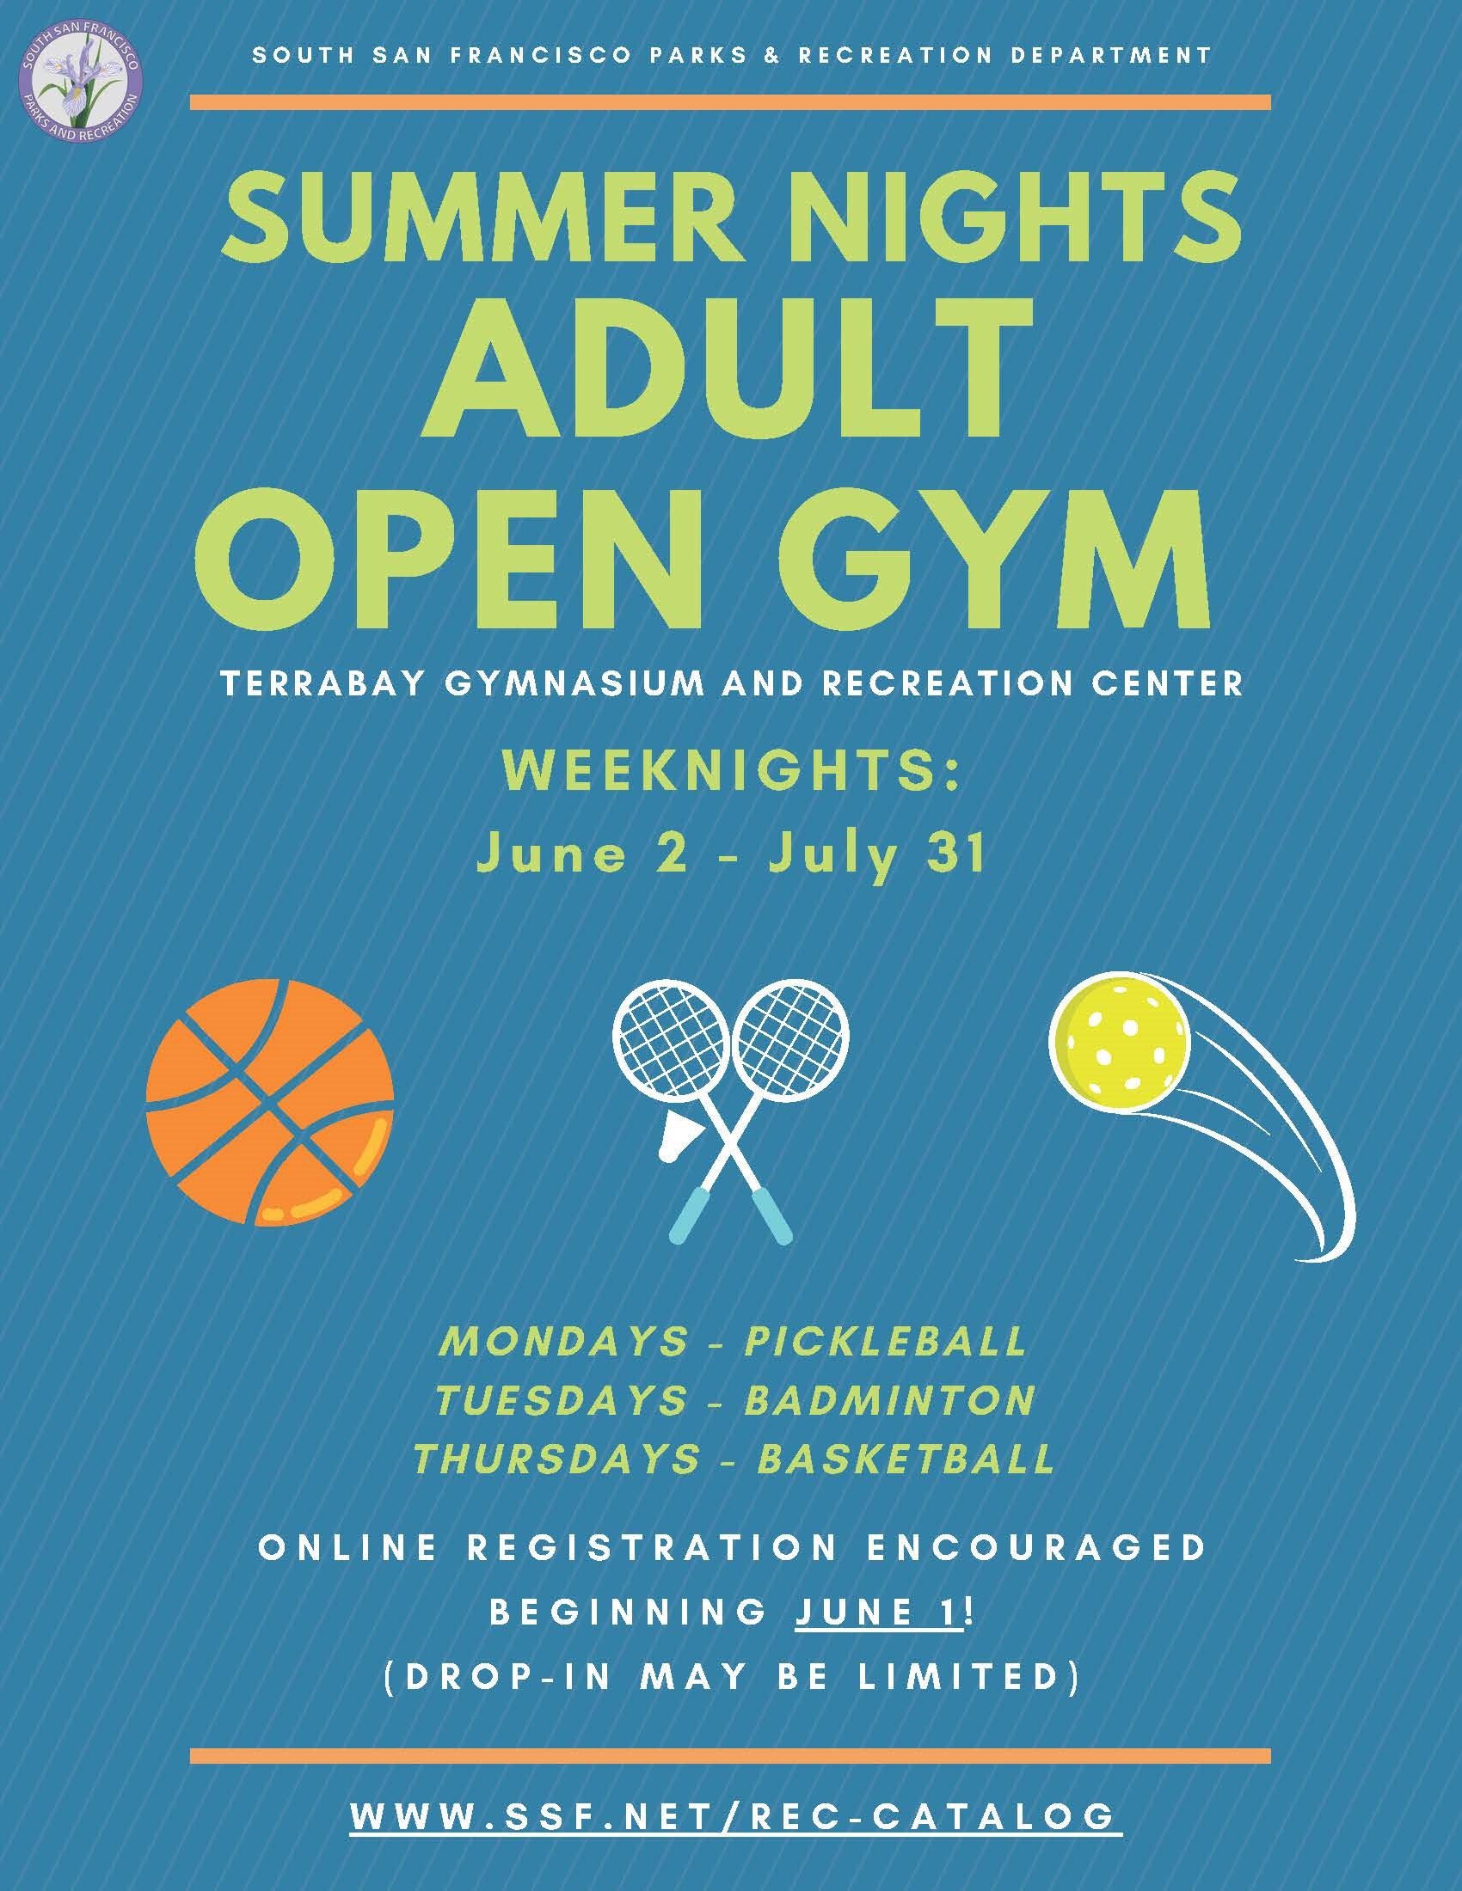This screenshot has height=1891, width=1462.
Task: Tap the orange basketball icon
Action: click(269, 1104)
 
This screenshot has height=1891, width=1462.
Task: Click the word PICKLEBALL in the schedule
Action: click(886, 1341)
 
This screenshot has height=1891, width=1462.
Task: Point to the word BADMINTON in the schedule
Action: click(890, 1400)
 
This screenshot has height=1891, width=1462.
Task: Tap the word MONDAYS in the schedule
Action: click(563, 1341)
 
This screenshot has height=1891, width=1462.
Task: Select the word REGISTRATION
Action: click(652, 1547)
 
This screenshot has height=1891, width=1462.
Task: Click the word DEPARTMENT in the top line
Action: click(1102, 55)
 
